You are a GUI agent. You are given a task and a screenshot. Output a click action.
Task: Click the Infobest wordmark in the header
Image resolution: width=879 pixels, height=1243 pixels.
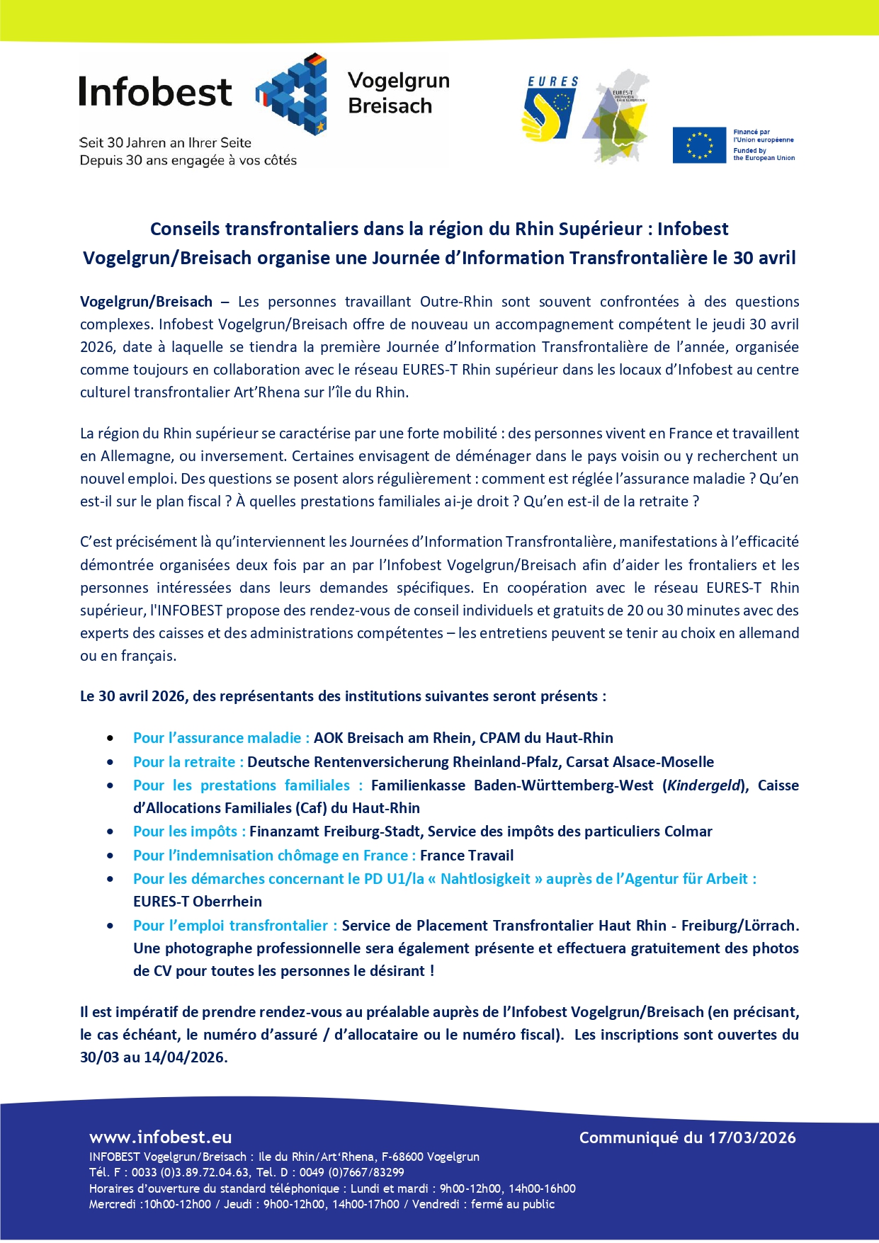[x=155, y=92]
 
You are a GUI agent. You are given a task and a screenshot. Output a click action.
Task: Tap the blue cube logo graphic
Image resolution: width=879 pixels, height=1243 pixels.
[x=292, y=93]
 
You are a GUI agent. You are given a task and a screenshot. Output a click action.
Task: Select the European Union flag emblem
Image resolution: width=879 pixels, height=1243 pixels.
[x=699, y=145]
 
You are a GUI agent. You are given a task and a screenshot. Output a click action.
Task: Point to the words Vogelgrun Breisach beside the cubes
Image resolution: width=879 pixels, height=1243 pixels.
[x=398, y=93]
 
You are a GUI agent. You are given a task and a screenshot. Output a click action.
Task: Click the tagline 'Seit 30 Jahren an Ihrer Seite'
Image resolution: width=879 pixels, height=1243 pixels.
[x=165, y=142]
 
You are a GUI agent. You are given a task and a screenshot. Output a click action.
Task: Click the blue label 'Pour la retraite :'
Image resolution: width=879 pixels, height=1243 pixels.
[x=188, y=762]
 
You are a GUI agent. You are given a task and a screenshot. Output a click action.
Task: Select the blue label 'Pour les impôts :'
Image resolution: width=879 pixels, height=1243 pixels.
[x=189, y=831]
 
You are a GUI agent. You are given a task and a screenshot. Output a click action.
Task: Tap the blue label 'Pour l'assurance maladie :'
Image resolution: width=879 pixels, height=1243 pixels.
[x=221, y=738]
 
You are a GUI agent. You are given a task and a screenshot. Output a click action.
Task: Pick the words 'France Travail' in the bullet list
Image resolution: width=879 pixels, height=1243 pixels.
[x=467, y=856]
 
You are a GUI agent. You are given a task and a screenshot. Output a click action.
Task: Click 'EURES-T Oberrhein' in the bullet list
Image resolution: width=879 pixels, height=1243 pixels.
[x=198, y=902]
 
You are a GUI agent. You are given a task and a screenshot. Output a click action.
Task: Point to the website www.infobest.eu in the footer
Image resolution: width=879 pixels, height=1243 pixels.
[x=161, y=1137]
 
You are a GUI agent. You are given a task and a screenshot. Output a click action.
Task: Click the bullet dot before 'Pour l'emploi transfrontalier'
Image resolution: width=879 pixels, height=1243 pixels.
[x=110, y=926]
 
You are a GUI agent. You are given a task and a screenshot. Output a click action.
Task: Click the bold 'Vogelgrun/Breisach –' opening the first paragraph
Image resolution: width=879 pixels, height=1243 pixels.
[x=154, y=302]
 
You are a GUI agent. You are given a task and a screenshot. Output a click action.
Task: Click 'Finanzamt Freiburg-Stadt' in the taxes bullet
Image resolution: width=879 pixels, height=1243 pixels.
[x=336, y=831]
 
